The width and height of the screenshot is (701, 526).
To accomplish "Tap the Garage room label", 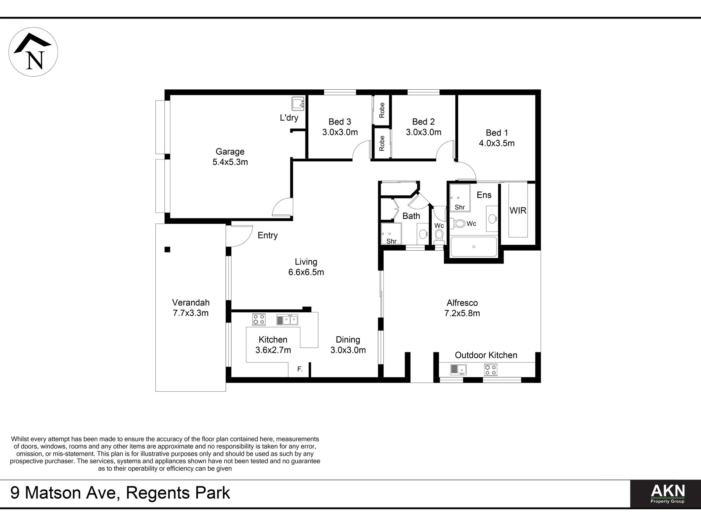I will [230, 152].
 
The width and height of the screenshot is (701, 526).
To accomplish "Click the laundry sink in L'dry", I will [297, 104].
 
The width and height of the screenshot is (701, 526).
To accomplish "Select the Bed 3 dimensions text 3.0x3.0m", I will [340, 132].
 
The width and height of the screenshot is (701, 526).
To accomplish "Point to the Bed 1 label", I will [497, 133].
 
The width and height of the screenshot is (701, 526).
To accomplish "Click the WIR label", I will [518, 211].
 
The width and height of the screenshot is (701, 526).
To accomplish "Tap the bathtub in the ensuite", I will [474, 247].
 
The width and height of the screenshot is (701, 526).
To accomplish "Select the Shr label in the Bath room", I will [391, 241].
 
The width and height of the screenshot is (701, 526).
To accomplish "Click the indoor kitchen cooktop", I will [259, 319].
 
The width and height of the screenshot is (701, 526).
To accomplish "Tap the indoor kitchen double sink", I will [287, 320].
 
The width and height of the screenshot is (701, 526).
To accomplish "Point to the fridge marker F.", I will [300, 369].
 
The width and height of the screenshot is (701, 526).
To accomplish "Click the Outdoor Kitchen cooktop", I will [490, 369].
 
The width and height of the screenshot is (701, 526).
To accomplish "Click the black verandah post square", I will [167, 250].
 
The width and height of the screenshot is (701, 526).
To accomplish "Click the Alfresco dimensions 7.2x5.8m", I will [462, 313].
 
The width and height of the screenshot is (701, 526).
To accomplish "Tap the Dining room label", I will [348, 340].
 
